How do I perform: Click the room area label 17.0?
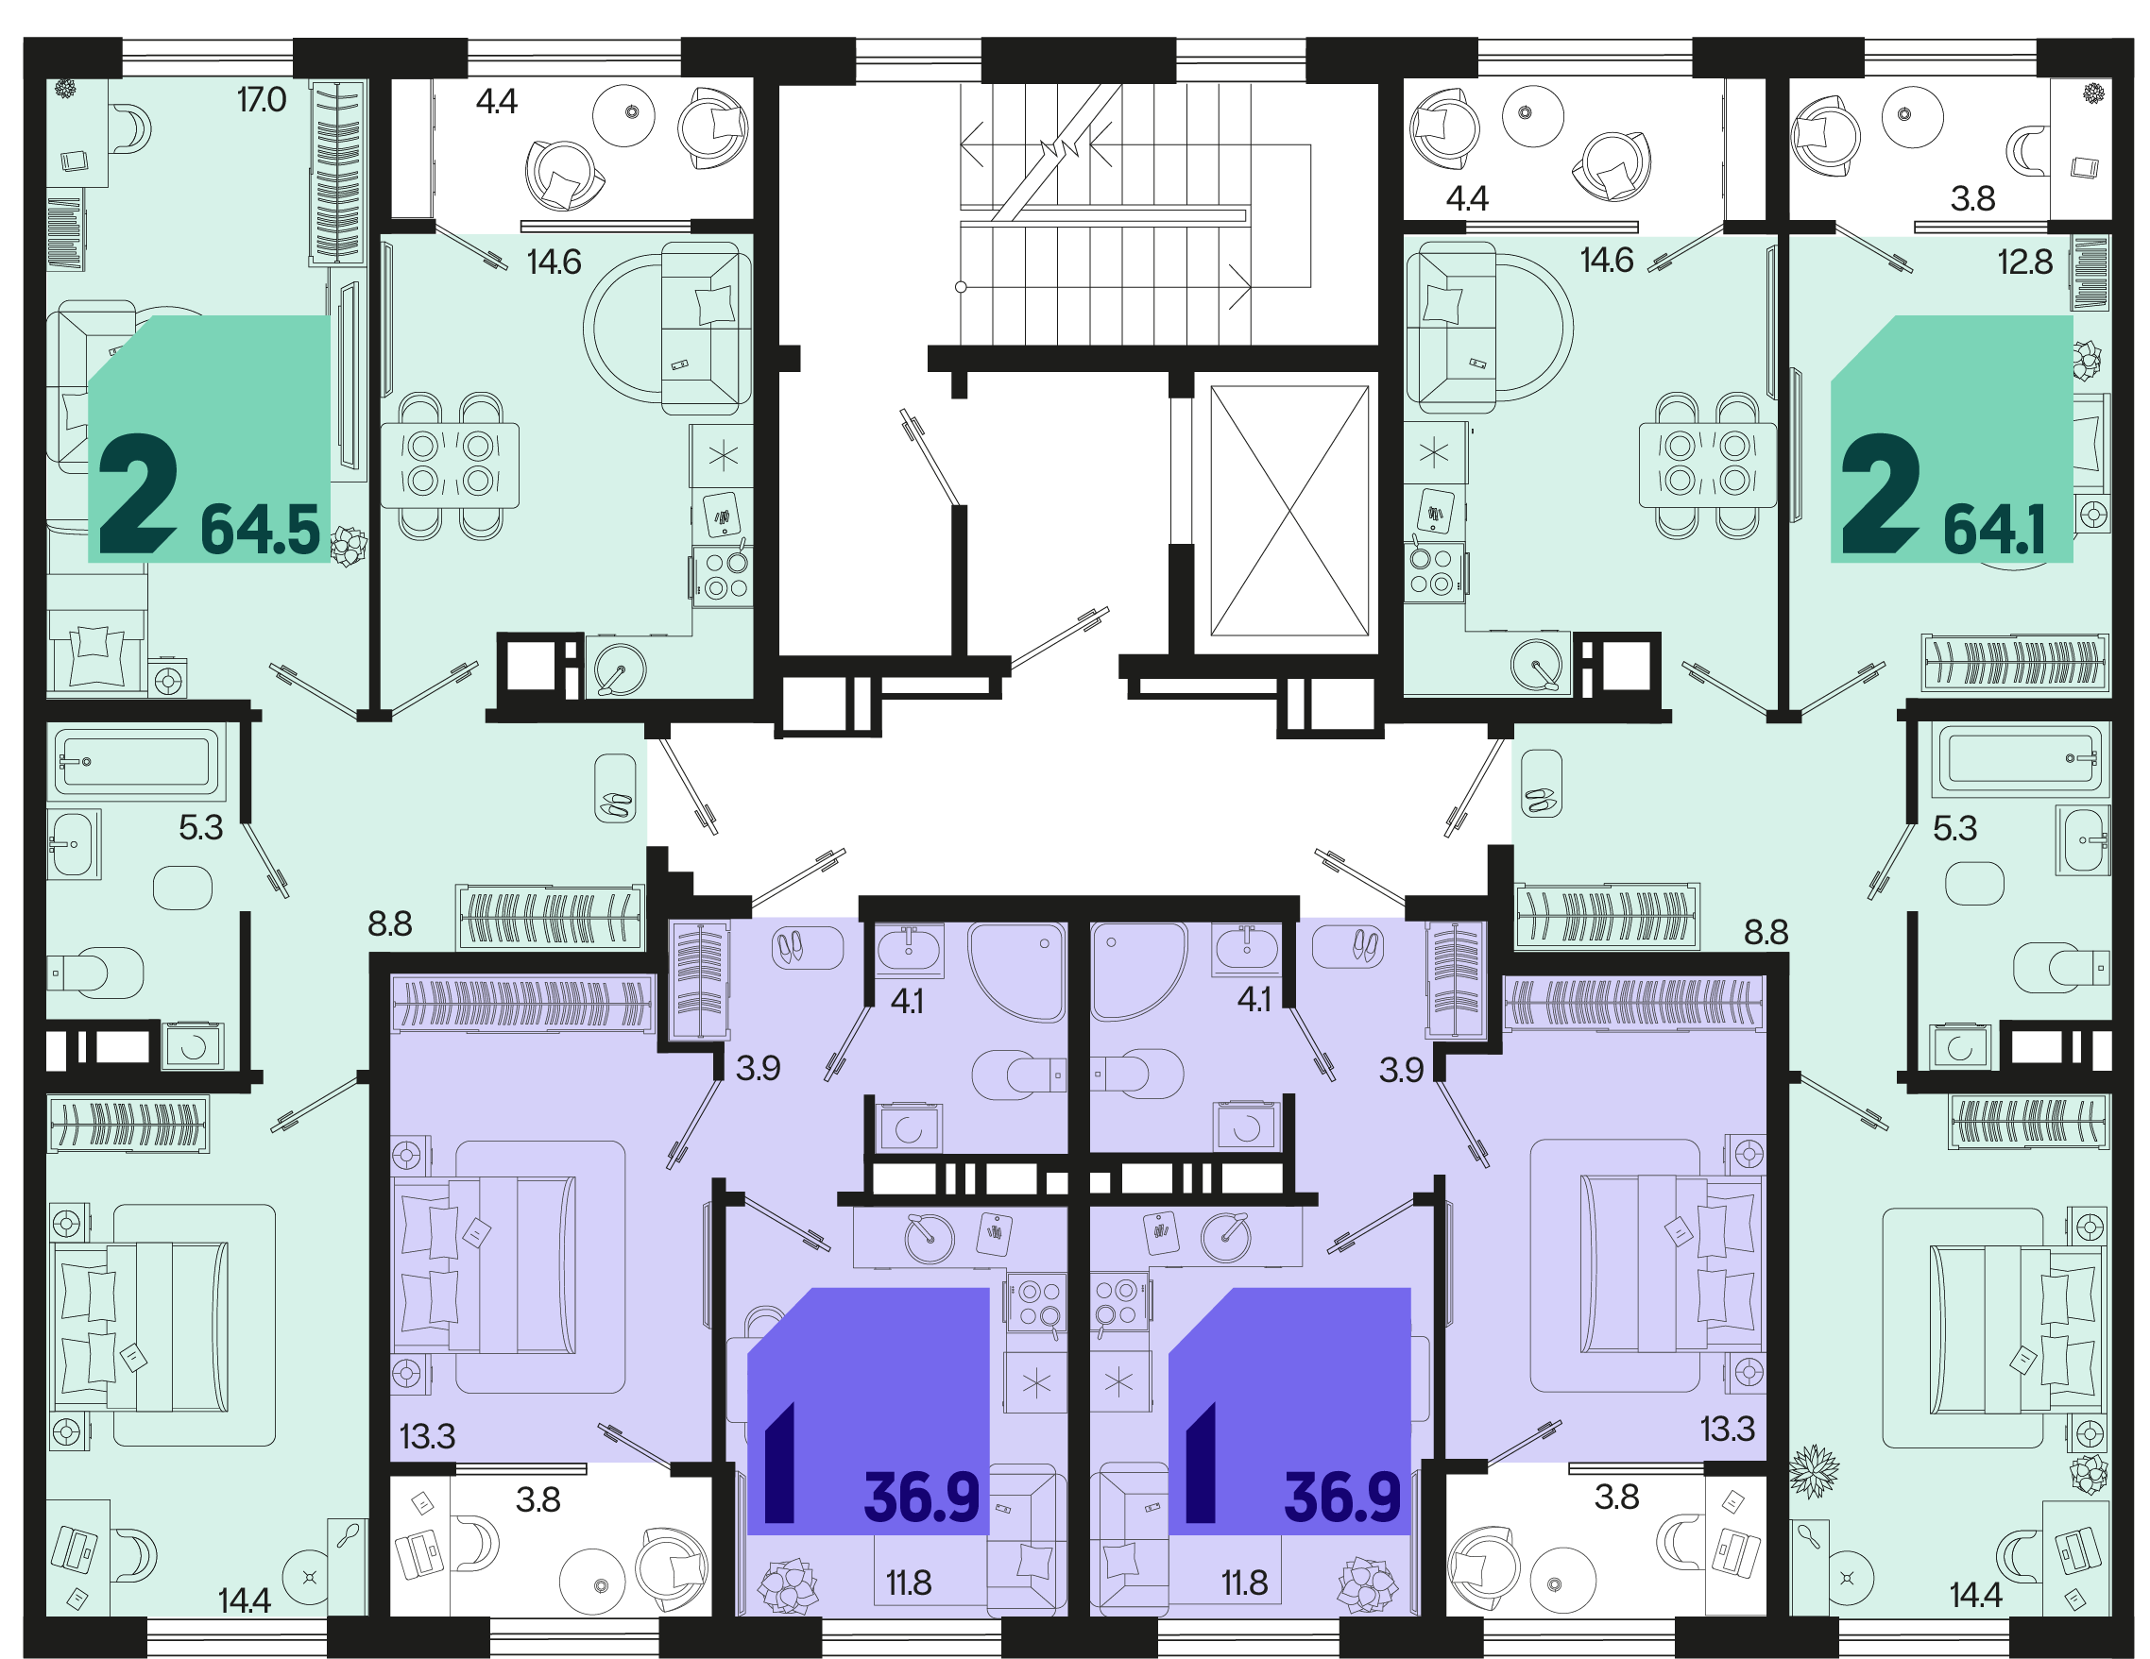pos(262,99)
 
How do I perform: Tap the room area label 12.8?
pos(2025,262)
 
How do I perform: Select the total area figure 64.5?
pos(261,530)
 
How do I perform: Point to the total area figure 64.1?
pos(1994,530)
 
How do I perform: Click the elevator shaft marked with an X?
pos(1288,511)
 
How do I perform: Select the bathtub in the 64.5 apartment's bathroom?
pos(137,761)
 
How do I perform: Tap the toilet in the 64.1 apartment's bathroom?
pos(2061,968)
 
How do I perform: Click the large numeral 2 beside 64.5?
pos(138,495)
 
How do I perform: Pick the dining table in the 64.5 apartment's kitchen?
pos(450,466)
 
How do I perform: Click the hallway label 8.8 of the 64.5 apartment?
pos(390,924)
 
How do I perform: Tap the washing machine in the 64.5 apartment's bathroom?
pos(194,1046)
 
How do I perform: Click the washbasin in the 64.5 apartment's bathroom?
pos(74,844)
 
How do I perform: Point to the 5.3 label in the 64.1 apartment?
pos(1955,828)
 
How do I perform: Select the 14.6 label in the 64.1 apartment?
pos(1607,260)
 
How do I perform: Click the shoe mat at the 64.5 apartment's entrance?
pos(615,788)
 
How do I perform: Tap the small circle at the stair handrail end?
pos(961,287)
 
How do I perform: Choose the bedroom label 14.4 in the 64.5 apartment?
pos(244,1601)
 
